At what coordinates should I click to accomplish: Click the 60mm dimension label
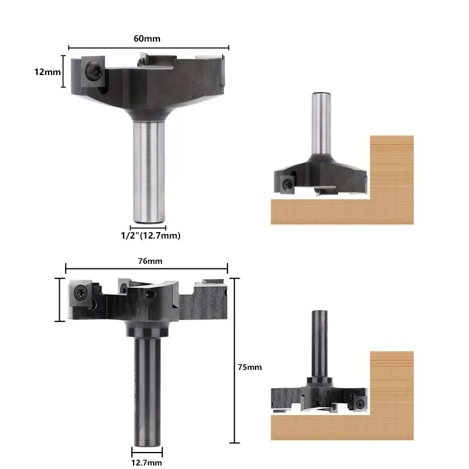tap(147, 39)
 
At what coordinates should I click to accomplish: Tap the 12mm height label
tap(47, 72)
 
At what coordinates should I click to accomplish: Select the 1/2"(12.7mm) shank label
tap(151, 236)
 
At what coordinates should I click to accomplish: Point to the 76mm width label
tap(150, 261)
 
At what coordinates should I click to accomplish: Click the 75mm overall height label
tap(250, 367)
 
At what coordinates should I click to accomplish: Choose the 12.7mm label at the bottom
tap(147, 463)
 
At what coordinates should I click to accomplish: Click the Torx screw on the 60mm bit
tap(94, 71)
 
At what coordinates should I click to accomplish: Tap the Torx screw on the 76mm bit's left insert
tap(81, 293)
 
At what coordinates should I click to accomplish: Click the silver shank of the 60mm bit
tap(149, 171)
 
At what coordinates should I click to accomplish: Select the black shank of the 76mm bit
tap(147, 391)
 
